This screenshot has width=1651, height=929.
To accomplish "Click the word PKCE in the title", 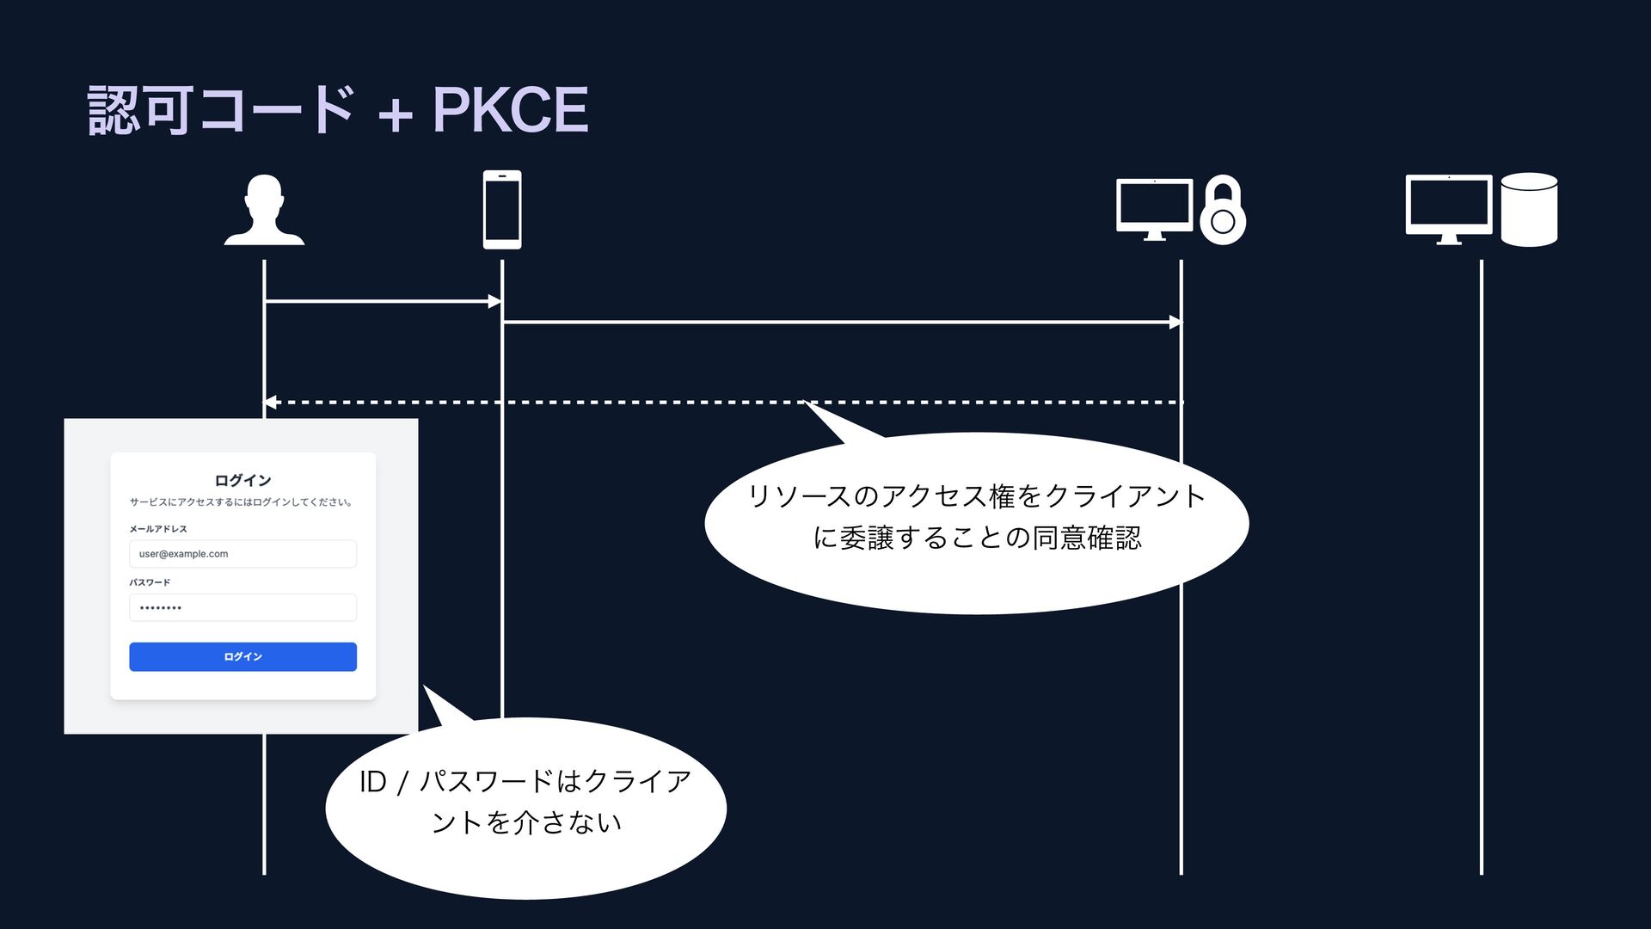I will pos(510,110).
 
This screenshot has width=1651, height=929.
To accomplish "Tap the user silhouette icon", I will pos(264,210).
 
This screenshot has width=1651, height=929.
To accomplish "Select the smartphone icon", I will pos(502,210).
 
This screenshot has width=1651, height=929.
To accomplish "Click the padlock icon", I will pos(1223,212).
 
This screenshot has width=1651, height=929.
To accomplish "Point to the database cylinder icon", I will pos(1529,210).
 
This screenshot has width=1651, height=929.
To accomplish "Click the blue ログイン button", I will pos(242,656).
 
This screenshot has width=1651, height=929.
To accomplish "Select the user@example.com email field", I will pos(242,554).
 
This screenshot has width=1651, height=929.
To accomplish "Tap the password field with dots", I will pos(242,607).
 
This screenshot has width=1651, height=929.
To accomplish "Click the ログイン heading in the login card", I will pos(242,480).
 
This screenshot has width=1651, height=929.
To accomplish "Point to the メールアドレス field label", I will pos(158,529).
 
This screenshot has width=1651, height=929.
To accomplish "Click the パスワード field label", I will pos(150,582).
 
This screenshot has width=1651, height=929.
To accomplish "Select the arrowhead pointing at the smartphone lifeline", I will pos(494,301).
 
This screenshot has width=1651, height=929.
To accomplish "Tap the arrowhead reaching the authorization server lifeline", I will pos(1175,323).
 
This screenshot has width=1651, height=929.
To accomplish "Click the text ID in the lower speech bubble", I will pos(373,782).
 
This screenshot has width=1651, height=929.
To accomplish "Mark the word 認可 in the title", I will pos(139,110).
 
